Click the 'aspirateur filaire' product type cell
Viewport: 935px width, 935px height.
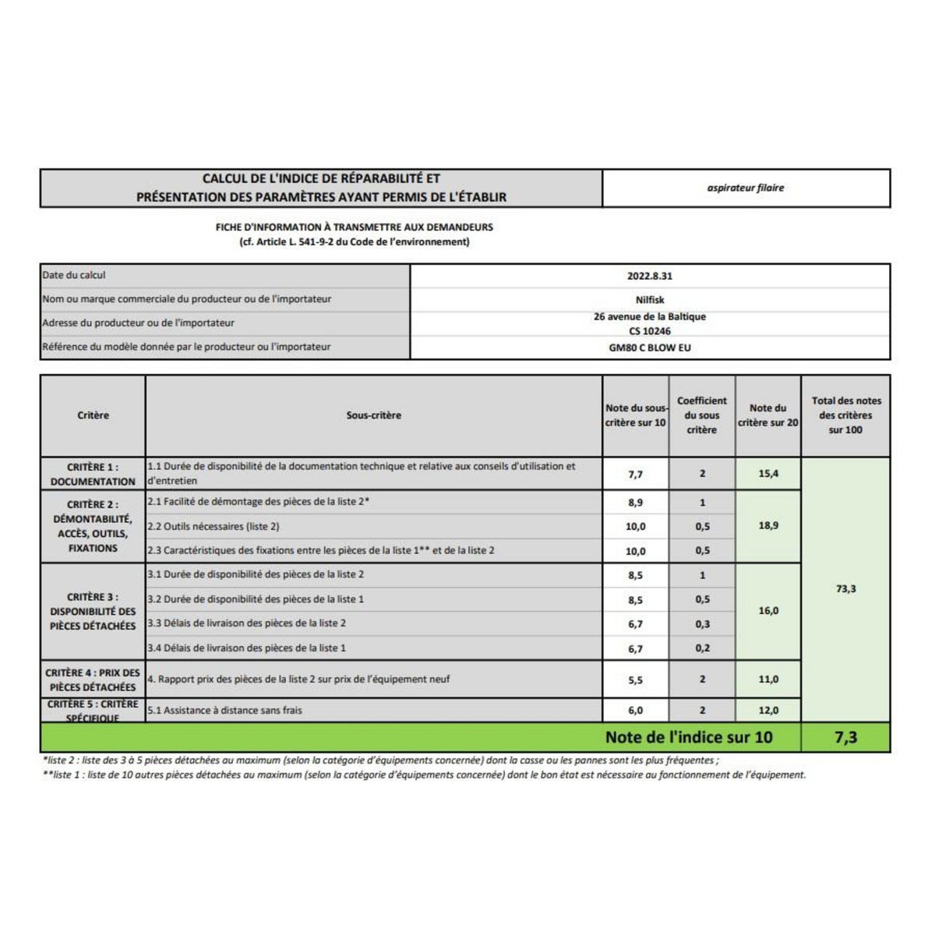tap(746, 188)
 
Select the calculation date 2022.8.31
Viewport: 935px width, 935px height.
tap(649, 276)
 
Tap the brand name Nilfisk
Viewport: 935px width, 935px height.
tap(649, 300)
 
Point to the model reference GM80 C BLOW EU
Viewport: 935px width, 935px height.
tap(649, 348)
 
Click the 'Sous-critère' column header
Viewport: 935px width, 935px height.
tap(373, 415)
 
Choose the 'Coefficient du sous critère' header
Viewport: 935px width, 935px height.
tap(701, 415)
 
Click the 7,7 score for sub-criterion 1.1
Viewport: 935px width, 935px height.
tap(635, 474)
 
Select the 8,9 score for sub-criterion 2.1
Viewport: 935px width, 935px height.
tap(635, 503)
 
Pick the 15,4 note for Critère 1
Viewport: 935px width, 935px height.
tap(768, 474)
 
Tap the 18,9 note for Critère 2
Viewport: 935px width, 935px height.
tap(768, 526)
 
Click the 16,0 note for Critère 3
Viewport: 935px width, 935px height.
tap(768, 611)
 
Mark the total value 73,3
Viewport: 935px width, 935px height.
tap(845, 589)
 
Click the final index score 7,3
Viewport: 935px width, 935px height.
tap(845, 737)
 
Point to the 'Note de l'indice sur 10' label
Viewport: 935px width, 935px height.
tap(688, 737)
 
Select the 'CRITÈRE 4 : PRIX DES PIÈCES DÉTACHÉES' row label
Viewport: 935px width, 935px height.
tap(93, 679)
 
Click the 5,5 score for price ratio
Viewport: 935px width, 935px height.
tap(635, 679)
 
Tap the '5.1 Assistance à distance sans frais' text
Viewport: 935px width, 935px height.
tap(224, 710)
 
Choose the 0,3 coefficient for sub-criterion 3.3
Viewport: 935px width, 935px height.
tap(702, 624)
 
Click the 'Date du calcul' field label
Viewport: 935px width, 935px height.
tap(74, 275)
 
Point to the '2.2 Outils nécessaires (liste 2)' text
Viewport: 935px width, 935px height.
tap(213, 527)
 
